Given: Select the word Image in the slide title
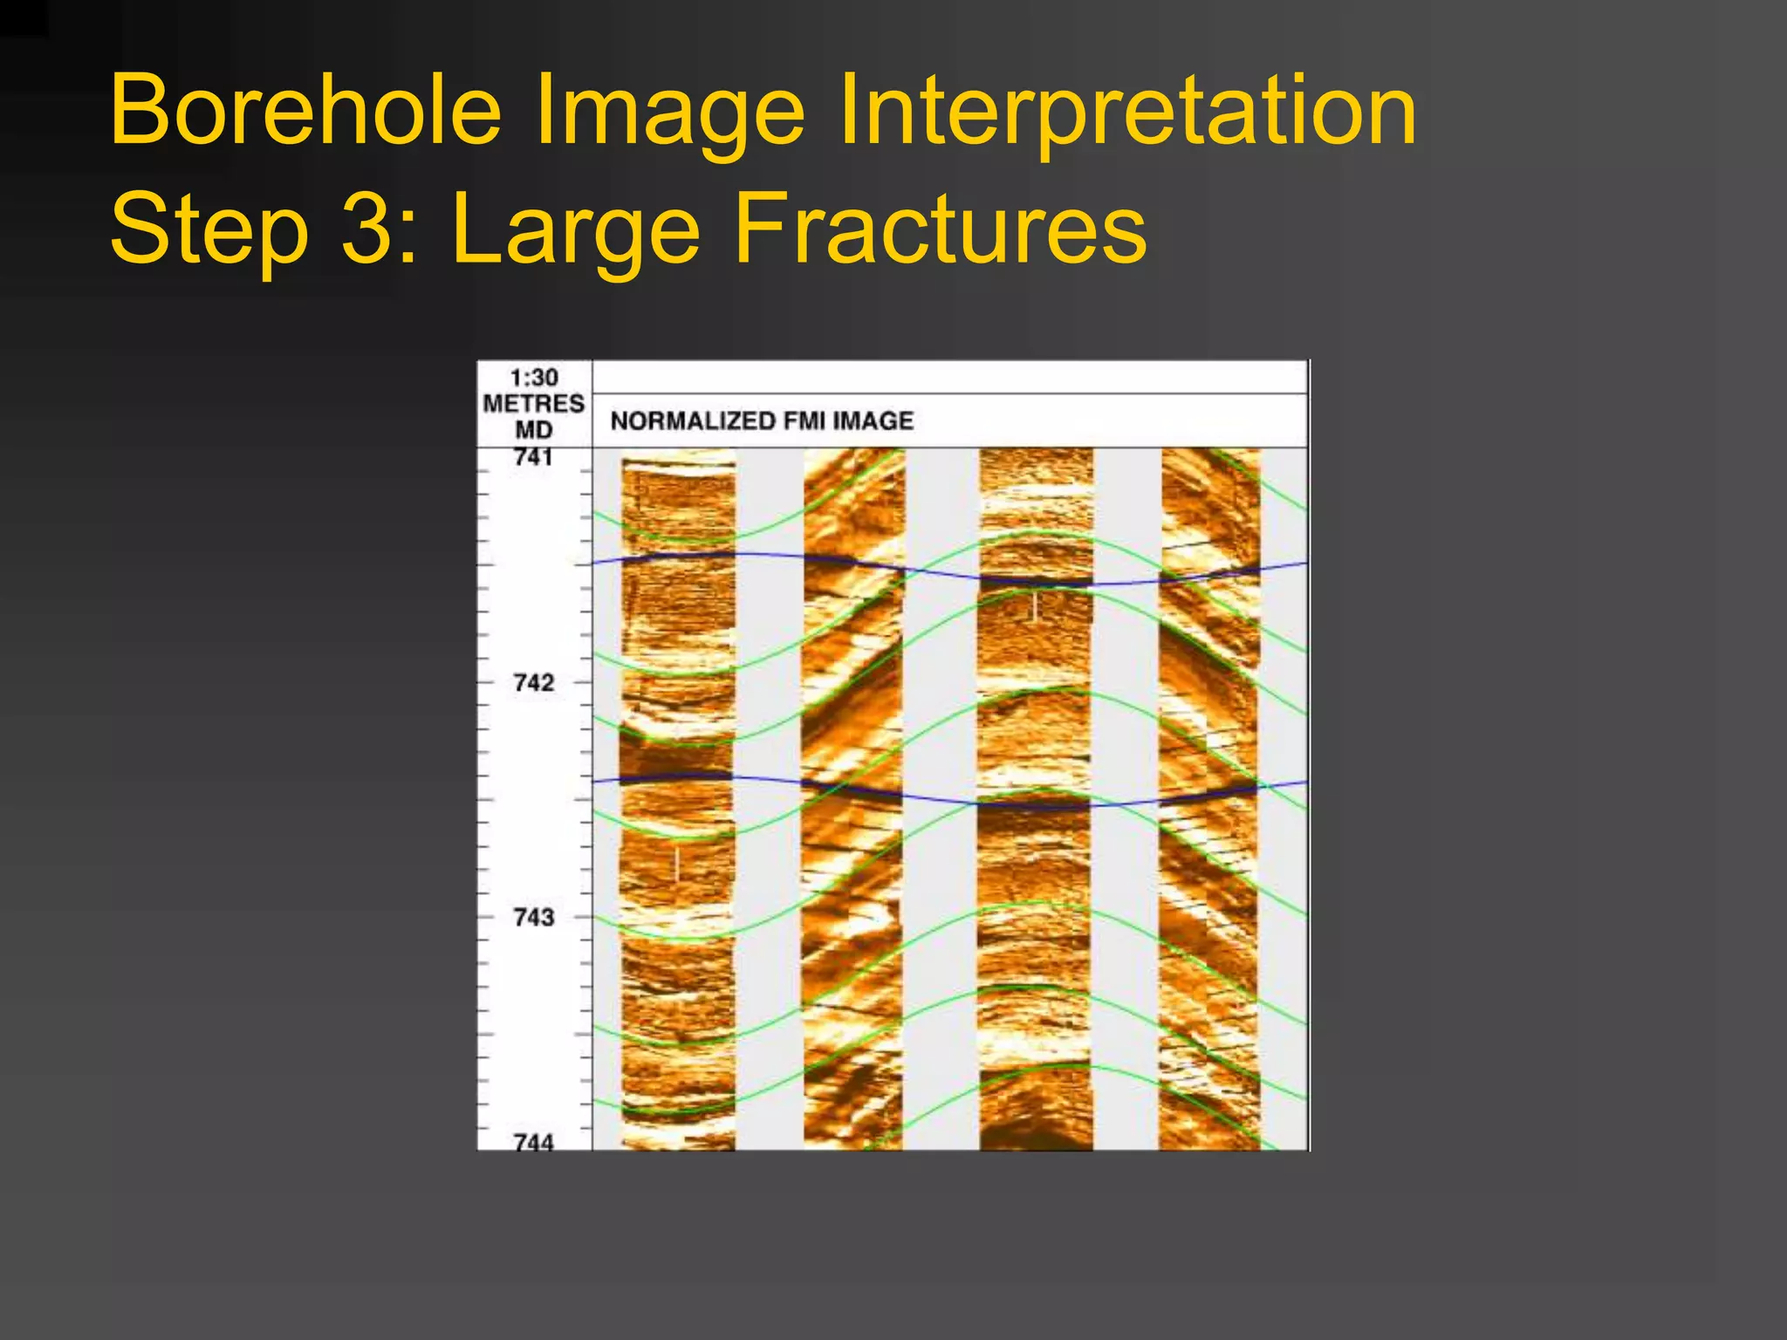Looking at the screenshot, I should coord(668,112).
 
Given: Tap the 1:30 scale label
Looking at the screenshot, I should coord(534,378).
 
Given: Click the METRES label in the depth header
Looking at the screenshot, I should coord(534,403).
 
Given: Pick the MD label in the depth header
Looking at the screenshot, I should coord(534,430).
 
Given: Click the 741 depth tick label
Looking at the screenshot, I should coord(534,457).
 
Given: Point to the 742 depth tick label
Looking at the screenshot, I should coord(534,682).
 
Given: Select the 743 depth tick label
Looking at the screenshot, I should coord(534,917).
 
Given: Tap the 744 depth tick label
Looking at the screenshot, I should coord(534,1141).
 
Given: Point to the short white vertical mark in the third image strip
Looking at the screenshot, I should coord(1035,606).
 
